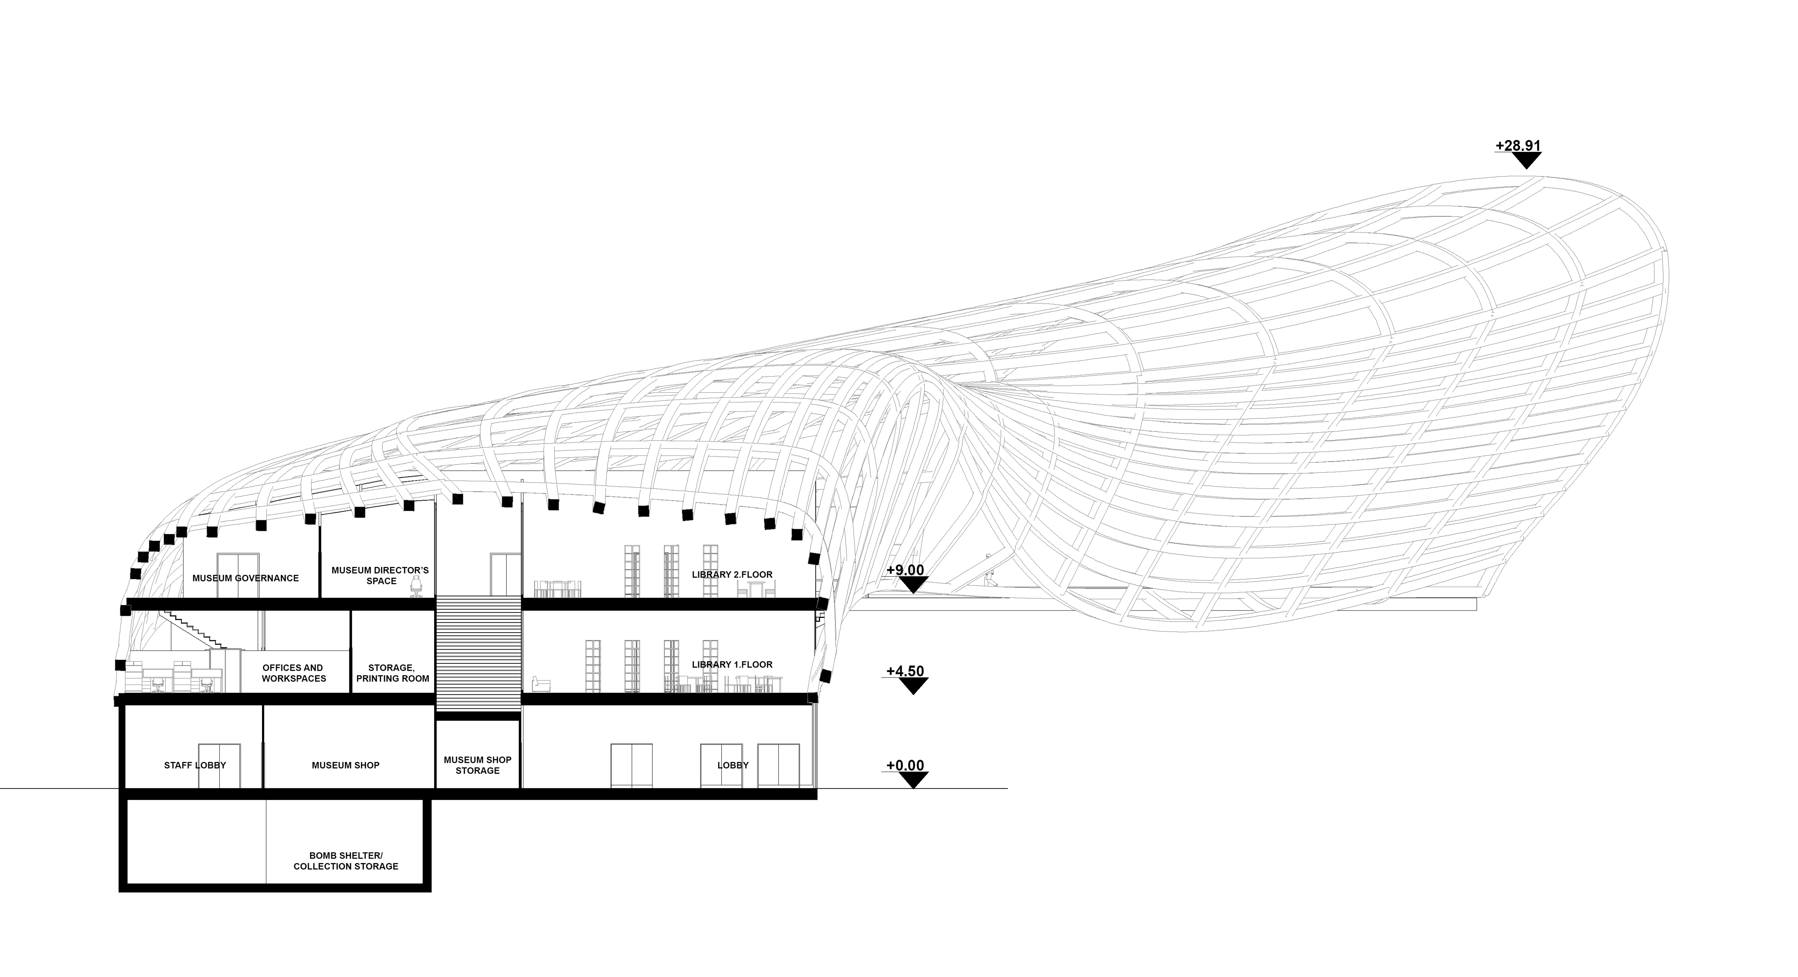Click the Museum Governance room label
tap(246, 578)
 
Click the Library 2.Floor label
tap(732, 574)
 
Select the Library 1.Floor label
tap(732, 664)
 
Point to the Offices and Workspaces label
tap(294, 673)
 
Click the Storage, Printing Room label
tap(392, 673)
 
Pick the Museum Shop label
tap(346, 765)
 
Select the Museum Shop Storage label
tap(477, 765)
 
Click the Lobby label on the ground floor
tap(733, 765)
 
